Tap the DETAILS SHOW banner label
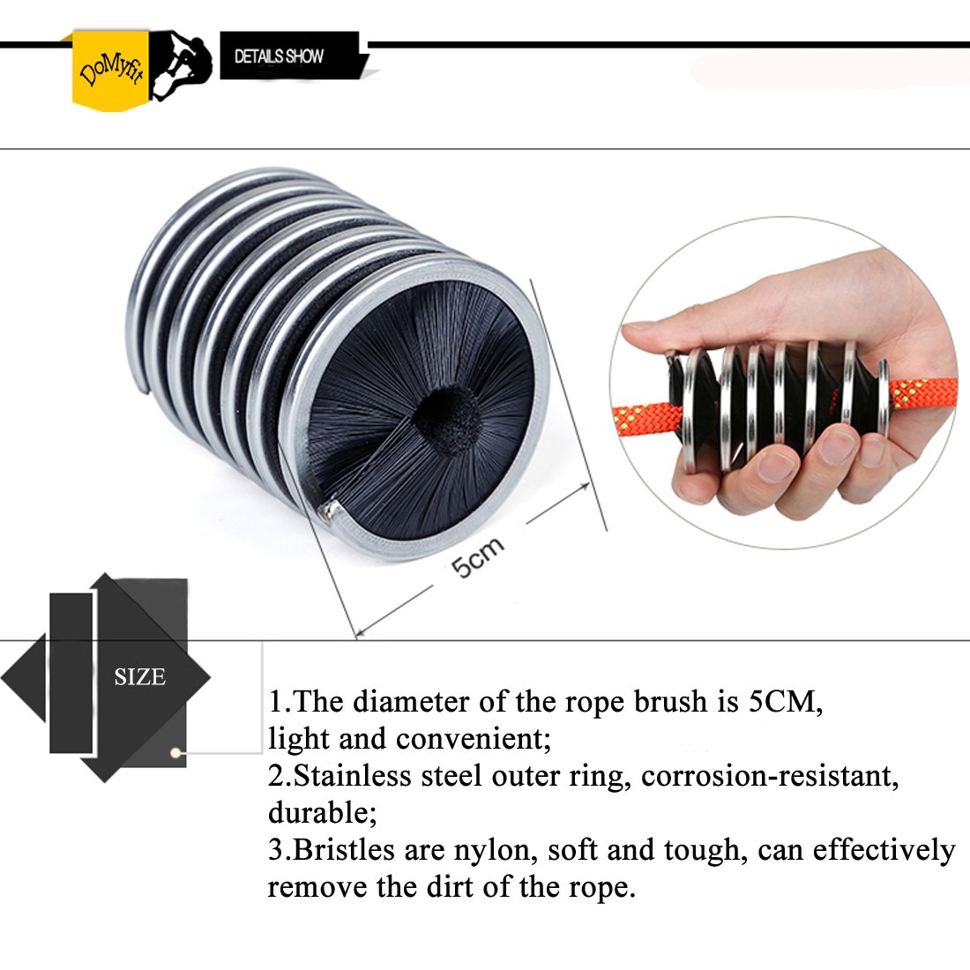click(279, 56)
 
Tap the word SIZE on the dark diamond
click(139, 677)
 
